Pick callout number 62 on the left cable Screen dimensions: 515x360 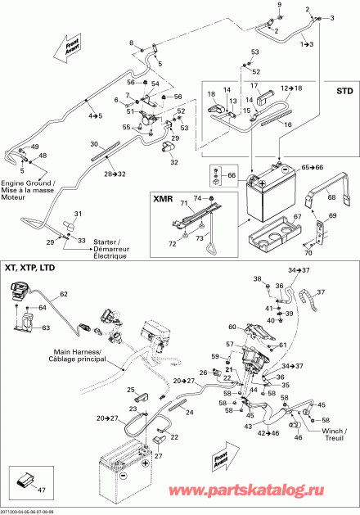click(63, 294)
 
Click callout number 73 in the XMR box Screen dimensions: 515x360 click(199, 237)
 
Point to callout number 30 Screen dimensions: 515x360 click(95, 143)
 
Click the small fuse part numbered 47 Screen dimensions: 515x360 click(21, 480)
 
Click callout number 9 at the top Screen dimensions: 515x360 click(280, 6)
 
